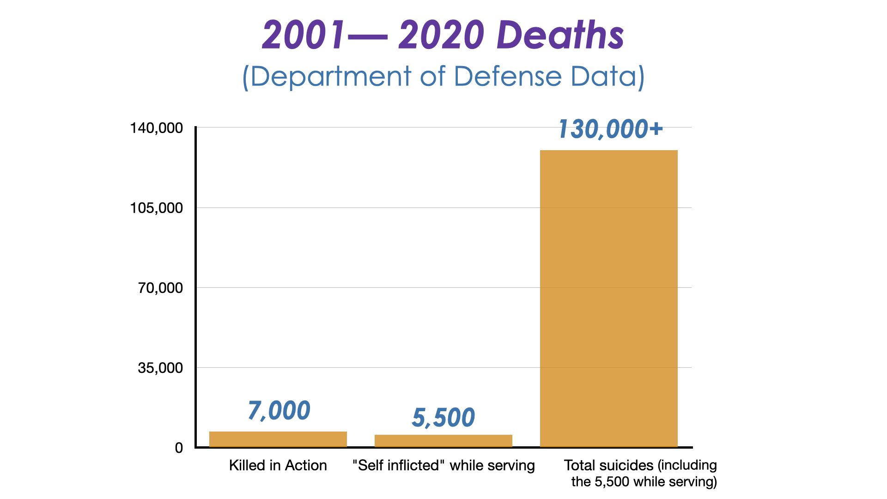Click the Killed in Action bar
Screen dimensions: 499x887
point(278,439)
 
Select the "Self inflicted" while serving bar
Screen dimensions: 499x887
point(443,441)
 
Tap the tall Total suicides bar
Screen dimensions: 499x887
point(608,298)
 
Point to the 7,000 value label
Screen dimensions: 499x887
point(279,410)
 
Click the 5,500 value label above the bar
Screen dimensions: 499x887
point(443,417)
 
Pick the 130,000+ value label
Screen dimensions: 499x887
point(610,129)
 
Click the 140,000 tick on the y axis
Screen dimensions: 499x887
point(156,128)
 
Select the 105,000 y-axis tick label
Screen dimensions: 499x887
point(156,208)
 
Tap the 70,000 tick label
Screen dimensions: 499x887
point(160,288)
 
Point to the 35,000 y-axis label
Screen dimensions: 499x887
point(160,368)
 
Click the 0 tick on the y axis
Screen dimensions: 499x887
point(179,448)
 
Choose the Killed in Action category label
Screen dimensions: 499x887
point(278,465)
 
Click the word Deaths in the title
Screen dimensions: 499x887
point(561,35)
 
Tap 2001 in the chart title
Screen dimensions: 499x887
point(303,35)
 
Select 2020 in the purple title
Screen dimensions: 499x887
point(441,35)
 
